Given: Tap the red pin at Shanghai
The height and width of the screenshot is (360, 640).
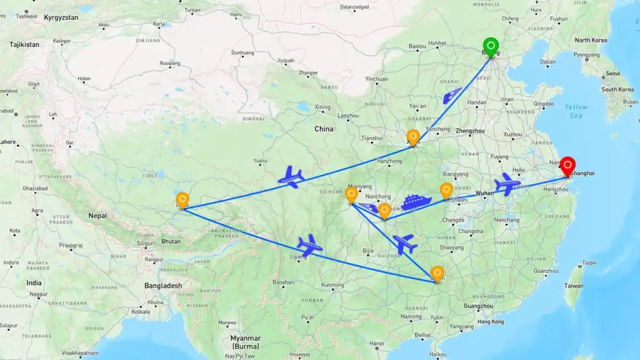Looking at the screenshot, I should [567, 166].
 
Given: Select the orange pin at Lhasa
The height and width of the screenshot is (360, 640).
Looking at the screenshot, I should [182, 199].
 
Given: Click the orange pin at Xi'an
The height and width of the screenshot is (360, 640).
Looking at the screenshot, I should [412, 137].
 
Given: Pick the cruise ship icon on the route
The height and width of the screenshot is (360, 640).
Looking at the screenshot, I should [416, 202].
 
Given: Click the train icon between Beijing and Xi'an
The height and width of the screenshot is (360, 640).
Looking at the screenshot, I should [452, 96].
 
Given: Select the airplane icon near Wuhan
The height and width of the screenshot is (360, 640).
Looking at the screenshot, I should [506, 184].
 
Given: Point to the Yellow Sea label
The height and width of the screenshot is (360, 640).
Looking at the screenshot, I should [576, 111].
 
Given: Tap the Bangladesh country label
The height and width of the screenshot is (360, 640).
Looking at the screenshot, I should [162, 286].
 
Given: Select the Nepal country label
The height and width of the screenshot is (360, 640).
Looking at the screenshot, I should [97, 216].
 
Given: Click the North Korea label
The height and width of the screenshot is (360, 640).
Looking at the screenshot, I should [591, 40].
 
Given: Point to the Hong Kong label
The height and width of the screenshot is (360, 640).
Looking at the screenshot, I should [489, 322].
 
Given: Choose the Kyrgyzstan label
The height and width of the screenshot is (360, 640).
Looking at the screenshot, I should [61, 17].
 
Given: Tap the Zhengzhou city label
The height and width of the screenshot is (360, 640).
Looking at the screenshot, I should [470, 131].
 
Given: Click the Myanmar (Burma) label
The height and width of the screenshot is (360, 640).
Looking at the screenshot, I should [245, 342].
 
